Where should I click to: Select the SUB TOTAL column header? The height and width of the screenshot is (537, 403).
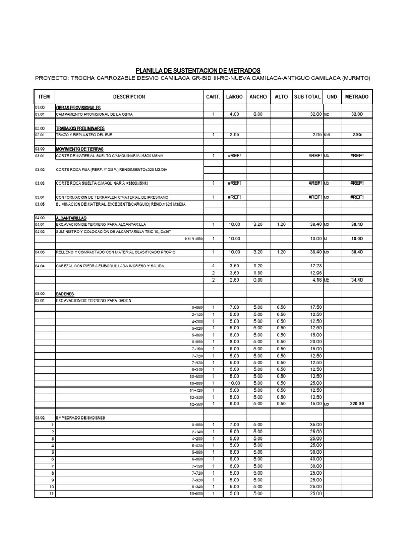click(x=307, y=97)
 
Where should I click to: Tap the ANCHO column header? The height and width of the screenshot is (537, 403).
click(x=258, y=97)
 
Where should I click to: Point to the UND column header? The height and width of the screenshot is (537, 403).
click(x=332, y=97)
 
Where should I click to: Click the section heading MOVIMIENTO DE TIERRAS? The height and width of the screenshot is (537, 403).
click(x=80, y=149)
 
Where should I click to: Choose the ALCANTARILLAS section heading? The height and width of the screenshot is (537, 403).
click(x=71, y=218)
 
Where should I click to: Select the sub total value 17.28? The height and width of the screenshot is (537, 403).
click(x=315, y=266)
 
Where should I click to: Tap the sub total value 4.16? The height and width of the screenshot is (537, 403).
click(x=316, y=280)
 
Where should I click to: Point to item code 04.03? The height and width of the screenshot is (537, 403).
click(x=40, y=252)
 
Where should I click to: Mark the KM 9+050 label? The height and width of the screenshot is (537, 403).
click(x=194, y=239)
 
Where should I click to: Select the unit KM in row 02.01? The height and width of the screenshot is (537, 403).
click(x=327, y=135)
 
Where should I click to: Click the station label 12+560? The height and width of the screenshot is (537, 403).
click(x=196, y=404)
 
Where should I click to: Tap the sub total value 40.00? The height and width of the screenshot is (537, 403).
click(x=315, y=459)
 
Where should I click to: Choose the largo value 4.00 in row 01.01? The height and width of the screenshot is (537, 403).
click(x=234, y=114)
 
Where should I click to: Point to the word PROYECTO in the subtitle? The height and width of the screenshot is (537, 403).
click(x=51, y=79)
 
